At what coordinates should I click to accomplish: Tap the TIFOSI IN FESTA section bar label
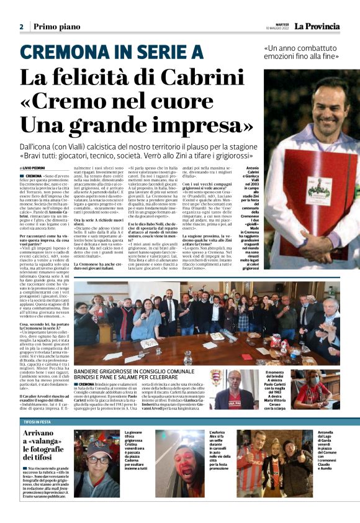(37, 421)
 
